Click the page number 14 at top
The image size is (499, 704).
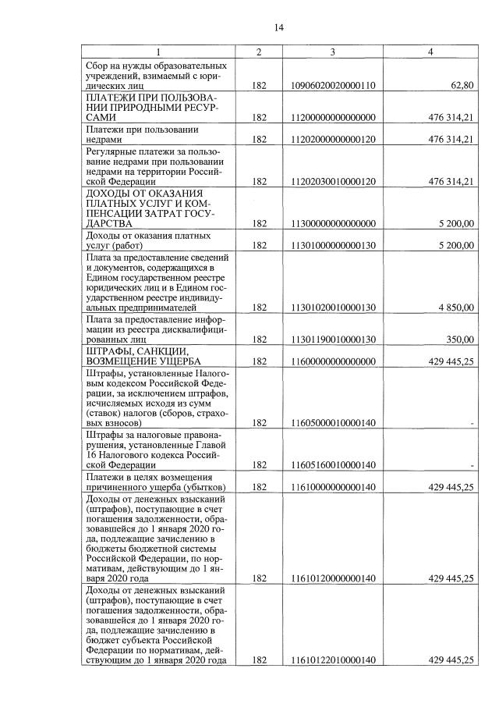(x=278, y=28)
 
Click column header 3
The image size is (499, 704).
(x=333, y=52)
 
